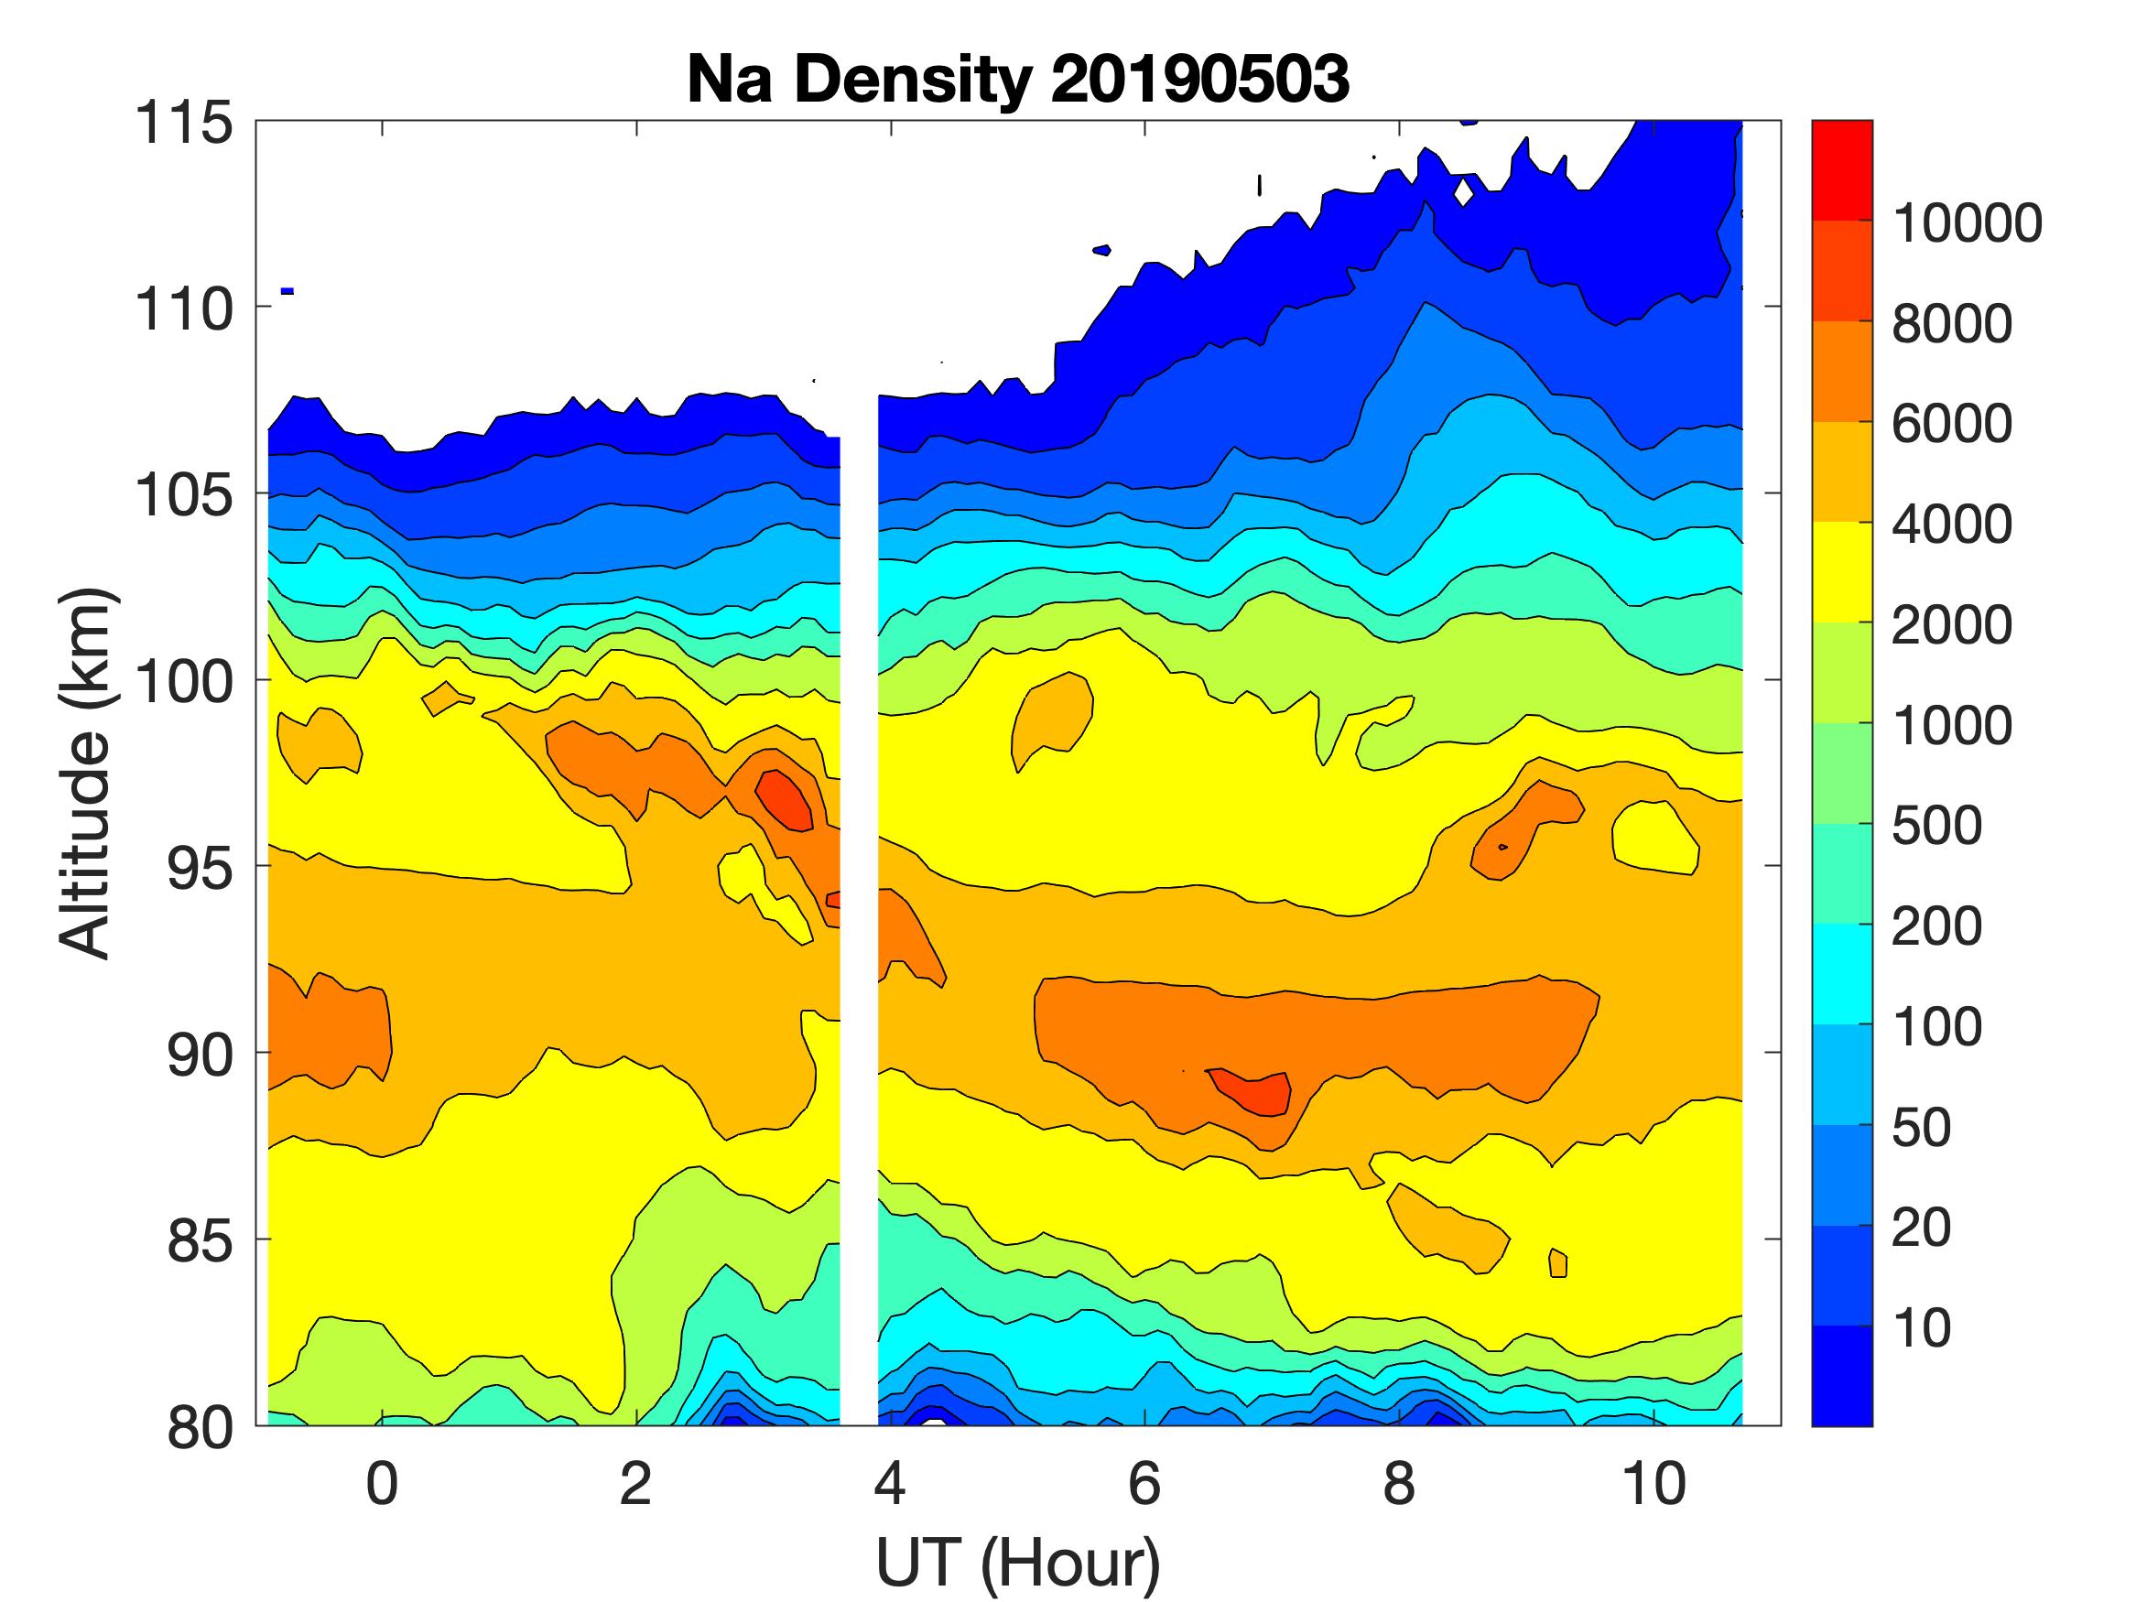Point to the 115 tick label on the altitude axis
(x=183, y=124)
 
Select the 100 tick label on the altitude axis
(x=183, y=682)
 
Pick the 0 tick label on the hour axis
(x=383, y=1483)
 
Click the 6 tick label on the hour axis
(x=1144, y=1483)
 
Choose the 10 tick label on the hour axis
(x=1654, y=1483)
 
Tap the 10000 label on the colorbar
(x=1966, y=224)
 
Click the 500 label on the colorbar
(x=1937, y=827)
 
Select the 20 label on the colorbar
(x=1922, y=1229)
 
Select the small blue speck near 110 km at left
(x=287, y=291)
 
